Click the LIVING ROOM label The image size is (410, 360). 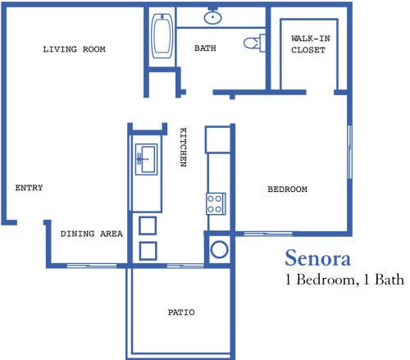[x=74, y=49]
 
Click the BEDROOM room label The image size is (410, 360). [x=287, y=189]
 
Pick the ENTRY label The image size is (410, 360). [x=29, y=189]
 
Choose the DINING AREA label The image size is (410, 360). [x=91, y=234]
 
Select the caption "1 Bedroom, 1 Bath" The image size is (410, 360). [x=344, y=280]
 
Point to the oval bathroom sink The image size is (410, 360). [x=212, y=16]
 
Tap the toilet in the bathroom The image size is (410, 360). [x=254, y=42]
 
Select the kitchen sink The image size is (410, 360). [x=148, y=159]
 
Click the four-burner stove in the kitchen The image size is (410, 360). [x=216, y=203]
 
